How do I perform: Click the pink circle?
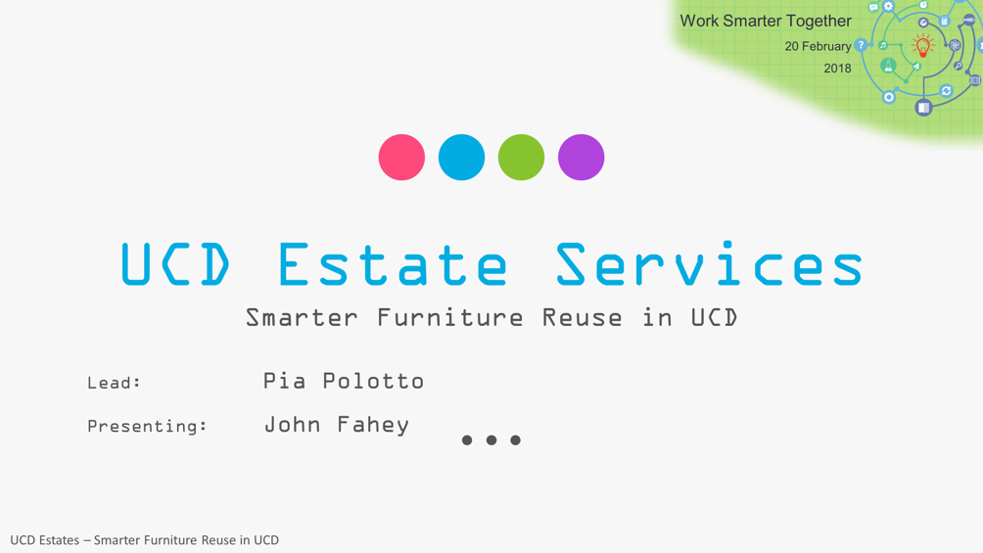(401, 158)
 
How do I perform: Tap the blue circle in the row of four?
(461, 158)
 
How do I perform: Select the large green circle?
(521, 158)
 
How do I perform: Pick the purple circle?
(582, 158)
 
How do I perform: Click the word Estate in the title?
(393, 264)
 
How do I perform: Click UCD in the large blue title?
(175, 264)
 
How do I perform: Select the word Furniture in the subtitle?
(449, 318)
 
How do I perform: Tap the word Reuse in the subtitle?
(582, 318)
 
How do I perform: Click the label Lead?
(115, 383)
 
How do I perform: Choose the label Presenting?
(147, 427)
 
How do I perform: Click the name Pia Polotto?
(344, 381)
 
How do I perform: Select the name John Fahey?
(337, 425)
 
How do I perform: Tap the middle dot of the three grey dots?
(491, 440)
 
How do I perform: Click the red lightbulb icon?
(922, 46)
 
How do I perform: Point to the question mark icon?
(862, 44)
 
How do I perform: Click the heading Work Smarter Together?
(766, 21)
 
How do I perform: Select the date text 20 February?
(819, 46)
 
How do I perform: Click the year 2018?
(837, 69)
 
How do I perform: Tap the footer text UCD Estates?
(44, 540)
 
